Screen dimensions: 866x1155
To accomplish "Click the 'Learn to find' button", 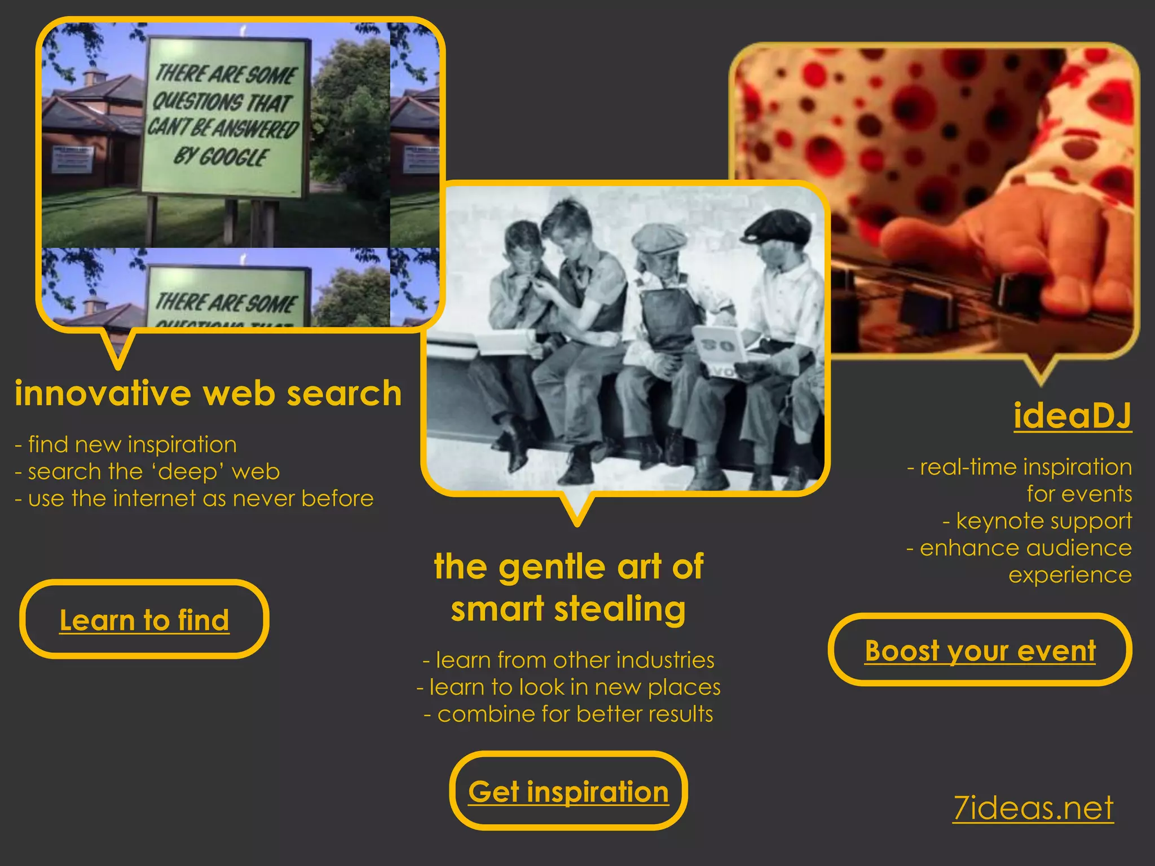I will tap(144, 620).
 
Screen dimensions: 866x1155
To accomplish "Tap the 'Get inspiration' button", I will tap(568, 792).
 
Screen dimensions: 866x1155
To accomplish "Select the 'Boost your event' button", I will tap(980, 651).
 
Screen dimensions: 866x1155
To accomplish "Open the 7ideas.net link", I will tap(1033, 808).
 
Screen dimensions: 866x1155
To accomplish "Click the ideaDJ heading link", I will tap(1072, 416).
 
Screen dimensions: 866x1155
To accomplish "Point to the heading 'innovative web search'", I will tap(208, 393).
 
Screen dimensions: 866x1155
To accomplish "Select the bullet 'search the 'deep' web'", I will tap(153, 471).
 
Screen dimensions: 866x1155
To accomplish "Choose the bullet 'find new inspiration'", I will tap(132, 444).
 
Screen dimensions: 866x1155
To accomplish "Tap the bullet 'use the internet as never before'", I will tap(200, 498).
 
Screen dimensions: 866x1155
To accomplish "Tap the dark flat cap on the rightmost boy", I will tap(778, 226).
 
